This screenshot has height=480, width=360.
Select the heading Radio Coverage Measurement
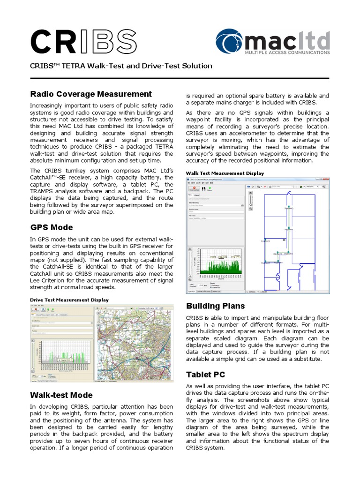[x=91, y=94]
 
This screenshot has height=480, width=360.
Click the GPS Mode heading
[x=52, y=227]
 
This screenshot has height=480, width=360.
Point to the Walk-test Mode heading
[x=61, y=395]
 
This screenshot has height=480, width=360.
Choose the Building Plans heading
[x=215, y=306]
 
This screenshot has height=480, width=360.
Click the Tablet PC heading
[x=205, y=375]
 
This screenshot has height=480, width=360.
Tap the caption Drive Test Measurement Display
[x=69, y=300]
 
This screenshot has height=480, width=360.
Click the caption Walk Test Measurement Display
[x=225, y=173]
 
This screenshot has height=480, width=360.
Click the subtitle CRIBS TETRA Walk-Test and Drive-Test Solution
[x=121, y=66]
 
